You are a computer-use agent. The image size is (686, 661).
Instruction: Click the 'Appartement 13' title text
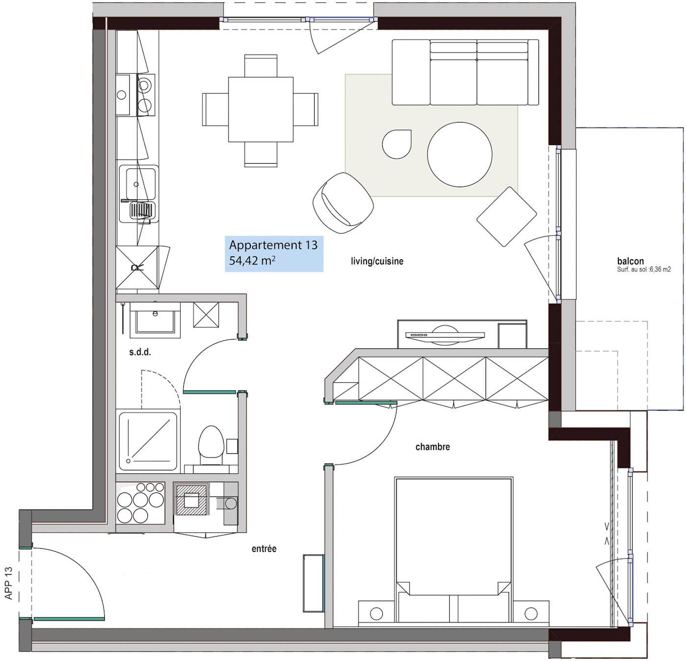[x=273, y=245]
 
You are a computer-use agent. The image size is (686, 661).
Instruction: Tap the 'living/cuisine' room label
[x=377, y=261]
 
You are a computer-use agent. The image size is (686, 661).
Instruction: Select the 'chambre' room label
[x=432, y=446]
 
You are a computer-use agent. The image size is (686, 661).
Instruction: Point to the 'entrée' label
[x=264, y=549]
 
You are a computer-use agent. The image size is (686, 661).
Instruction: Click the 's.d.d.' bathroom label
[x=140, y=352]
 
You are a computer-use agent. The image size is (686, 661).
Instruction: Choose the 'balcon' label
[x=630, y=261]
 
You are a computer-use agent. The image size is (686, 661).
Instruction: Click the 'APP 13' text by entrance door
[x=8, y=583]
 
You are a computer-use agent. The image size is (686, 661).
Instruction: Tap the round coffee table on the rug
[x=459, y=154]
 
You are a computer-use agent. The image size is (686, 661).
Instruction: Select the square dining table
[x=260, y=109]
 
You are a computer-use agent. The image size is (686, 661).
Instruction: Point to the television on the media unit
[x=444, y=335]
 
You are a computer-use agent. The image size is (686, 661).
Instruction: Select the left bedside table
[x=376, y=612]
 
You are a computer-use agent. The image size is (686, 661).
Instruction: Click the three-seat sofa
[x=465, y=73]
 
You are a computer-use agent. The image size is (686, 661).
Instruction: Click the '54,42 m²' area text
[x=252, y=261]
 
